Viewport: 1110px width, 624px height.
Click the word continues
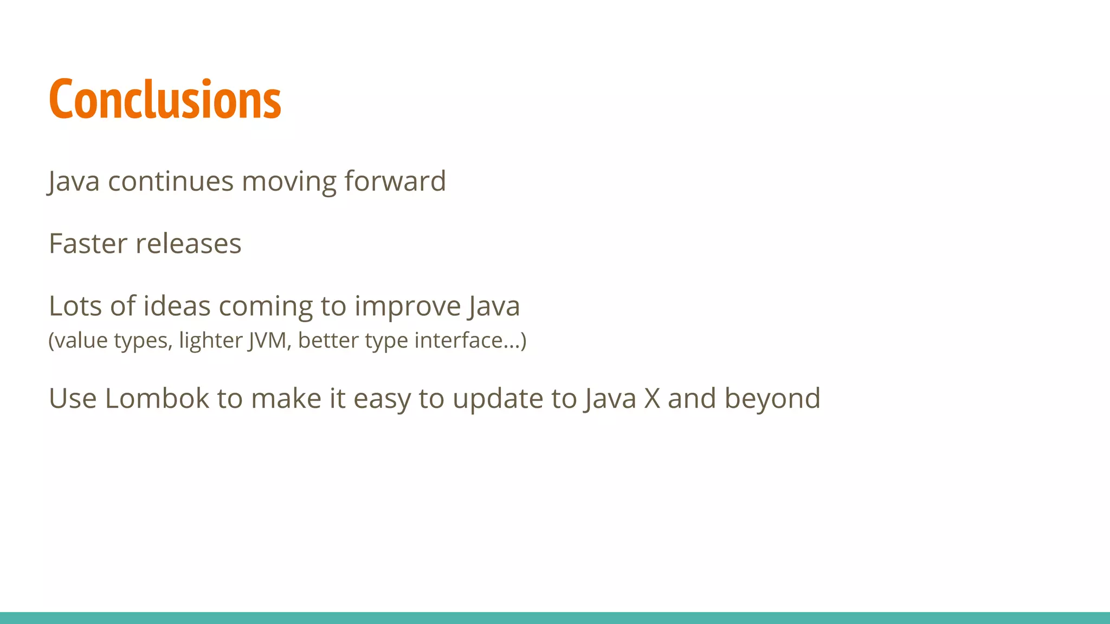click(x=171, y=181)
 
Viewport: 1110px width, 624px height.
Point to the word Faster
click(x=88, y=244)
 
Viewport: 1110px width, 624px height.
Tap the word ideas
click(x=176, y=306)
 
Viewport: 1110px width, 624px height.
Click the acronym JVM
click(x=267, y=341)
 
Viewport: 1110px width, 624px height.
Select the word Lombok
click(x=157, y=399)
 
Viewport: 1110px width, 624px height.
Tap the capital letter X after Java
click(x=652, y=399)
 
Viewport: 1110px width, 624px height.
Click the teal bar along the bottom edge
click(x=555, y=617)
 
